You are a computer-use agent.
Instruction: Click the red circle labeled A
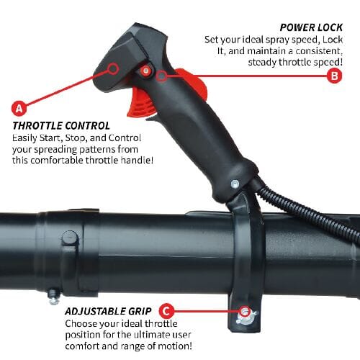click(19, 109)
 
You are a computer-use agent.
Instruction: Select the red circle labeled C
click(166, 311)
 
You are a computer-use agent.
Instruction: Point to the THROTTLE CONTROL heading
click(61, 125)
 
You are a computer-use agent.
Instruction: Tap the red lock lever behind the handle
click(191, 85)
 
